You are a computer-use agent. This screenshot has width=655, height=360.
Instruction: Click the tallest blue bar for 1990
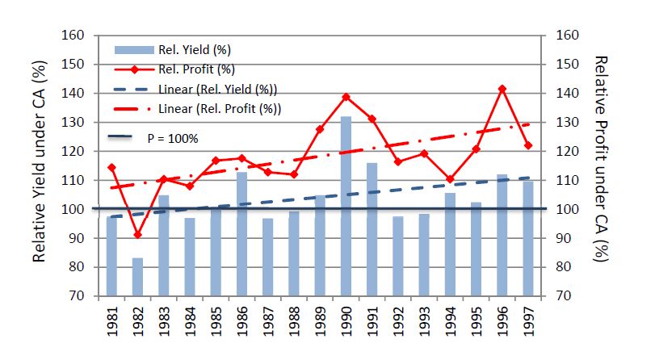point(345,206)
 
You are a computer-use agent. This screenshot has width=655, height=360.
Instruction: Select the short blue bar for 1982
point(138,276)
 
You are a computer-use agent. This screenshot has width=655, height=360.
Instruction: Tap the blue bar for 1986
point(241,233)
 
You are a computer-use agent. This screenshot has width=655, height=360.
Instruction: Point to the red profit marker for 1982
point(138,235)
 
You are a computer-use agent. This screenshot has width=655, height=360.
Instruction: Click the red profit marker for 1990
point(346,97)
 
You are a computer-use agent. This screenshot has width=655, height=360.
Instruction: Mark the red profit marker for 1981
point(111,168)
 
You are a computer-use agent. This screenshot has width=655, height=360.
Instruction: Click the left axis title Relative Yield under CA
point(39,165)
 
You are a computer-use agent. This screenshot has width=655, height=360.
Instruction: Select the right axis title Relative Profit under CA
point(601,165)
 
